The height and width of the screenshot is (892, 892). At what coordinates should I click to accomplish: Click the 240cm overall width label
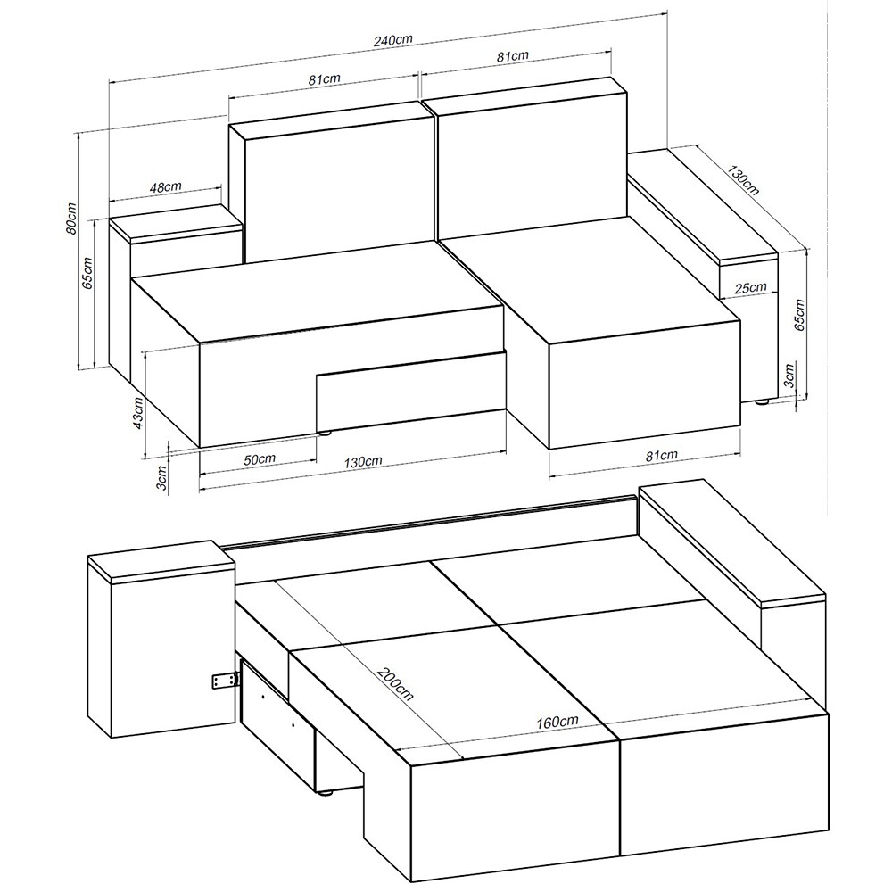coord(393,40)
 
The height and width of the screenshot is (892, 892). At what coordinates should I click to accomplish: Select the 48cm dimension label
coord(166,186)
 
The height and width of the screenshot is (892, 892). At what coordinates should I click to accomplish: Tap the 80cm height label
coord(71,218)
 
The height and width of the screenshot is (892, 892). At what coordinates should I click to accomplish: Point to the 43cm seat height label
coord(137,414)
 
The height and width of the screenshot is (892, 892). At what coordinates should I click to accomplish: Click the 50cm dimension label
coord(260,459)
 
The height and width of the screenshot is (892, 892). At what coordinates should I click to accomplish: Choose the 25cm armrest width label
coord(750,288)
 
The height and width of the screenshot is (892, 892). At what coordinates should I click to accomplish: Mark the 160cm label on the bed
coord(557,722)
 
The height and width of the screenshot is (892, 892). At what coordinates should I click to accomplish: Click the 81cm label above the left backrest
coord(325,79)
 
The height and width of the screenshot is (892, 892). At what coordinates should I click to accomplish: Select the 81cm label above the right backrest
coord(512,55)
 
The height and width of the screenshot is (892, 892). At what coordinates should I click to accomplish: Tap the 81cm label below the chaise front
coord(662,455)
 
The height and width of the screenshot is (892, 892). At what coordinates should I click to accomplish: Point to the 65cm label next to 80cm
coord(88,273)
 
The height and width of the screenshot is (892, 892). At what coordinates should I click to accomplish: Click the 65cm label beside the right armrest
coord(798,315)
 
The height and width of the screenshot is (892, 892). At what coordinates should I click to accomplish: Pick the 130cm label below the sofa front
coord(363,461)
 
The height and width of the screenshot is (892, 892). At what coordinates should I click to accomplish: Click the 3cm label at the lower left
coord(161,477)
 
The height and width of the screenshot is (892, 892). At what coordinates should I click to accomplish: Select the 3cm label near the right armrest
coord(789,376)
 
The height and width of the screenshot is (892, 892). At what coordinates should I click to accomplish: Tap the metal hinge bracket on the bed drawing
coord(224,681)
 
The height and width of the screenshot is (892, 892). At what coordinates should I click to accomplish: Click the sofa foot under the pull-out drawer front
coord(325,433)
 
